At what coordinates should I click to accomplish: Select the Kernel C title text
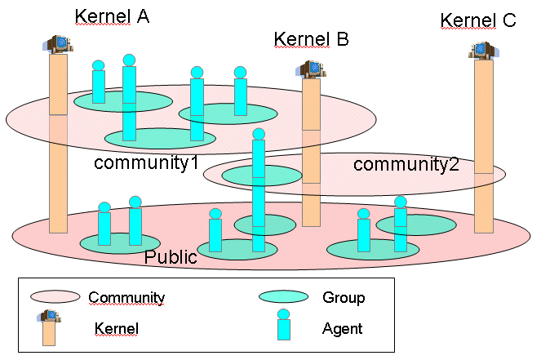(478, 20)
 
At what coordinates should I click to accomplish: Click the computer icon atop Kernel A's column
(58, 44)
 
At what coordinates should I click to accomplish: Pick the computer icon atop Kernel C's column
(483, 51)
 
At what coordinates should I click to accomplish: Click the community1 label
(146, 162)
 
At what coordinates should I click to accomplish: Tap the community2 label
(406, 165)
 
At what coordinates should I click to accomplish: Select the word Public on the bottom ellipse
(171, 258)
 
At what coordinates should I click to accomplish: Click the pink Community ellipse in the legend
(55, 297)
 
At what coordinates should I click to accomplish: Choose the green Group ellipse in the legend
(283, 297)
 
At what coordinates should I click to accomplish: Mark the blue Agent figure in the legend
(283, 325)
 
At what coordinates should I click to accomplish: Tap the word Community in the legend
(126, 298)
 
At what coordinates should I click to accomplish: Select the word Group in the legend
(344, 298)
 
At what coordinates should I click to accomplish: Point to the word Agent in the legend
(343, 329)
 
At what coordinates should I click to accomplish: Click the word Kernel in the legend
(118, 329)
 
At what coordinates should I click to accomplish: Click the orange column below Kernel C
(484, 147)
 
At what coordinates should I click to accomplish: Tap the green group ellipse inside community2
(262, 175)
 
